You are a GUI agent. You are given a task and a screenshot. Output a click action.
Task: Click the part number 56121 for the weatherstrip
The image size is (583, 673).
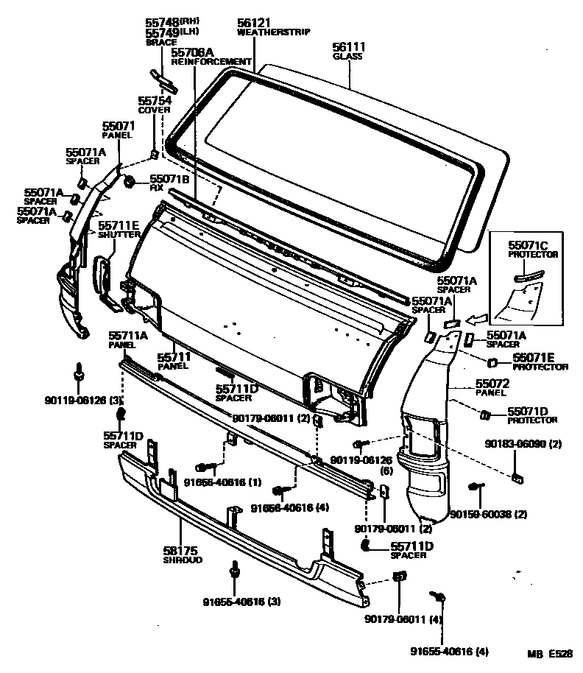tap(253, 24)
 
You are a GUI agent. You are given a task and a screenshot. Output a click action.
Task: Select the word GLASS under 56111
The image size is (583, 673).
tap(344, 56)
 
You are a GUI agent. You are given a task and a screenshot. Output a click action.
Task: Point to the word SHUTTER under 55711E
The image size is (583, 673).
tap(119, 235)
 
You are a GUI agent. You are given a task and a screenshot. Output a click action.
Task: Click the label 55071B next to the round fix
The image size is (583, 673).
tap(169, 179)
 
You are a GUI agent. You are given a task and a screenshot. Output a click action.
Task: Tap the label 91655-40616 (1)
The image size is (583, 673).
tap(211, 483)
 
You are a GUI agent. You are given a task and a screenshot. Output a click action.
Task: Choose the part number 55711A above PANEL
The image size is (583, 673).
tap(128, 336)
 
